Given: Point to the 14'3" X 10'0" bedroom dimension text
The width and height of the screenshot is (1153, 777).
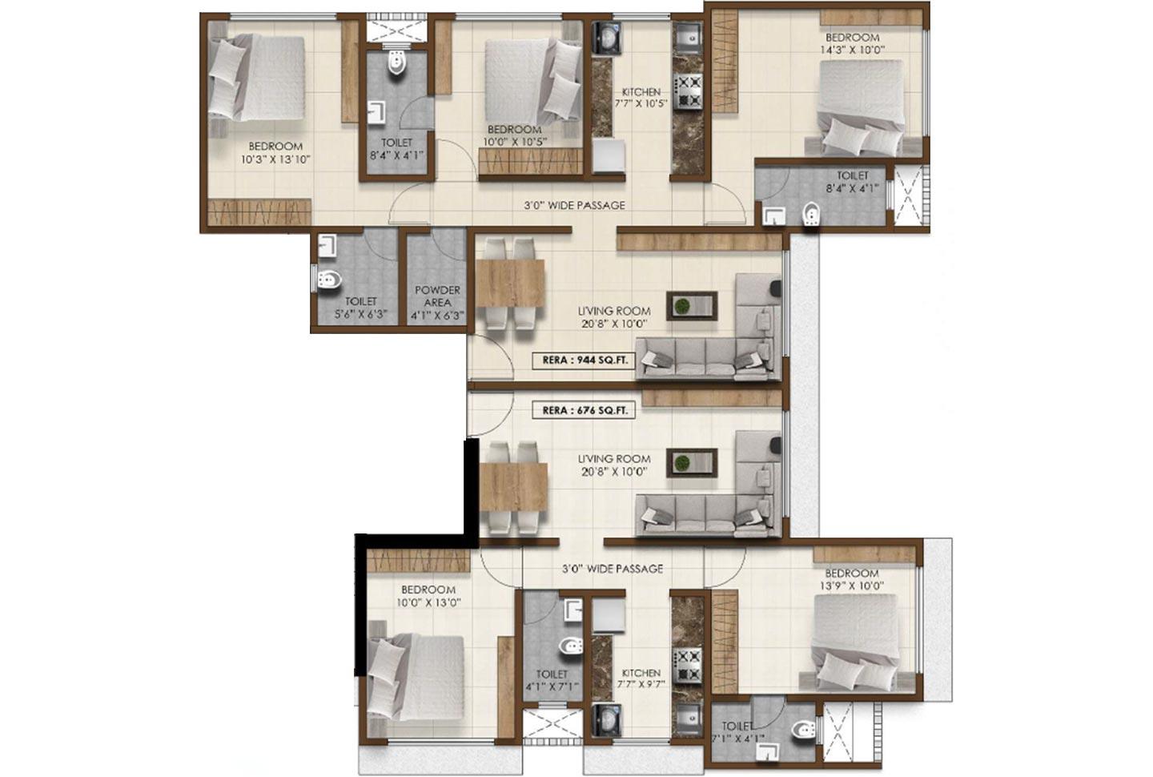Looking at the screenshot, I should (852, 50).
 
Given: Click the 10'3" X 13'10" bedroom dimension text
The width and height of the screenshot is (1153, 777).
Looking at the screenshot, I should (275, 159).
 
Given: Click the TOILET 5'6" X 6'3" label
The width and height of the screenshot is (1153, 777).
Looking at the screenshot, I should (360, 308).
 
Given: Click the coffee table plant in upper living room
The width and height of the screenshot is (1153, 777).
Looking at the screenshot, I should (683, 305).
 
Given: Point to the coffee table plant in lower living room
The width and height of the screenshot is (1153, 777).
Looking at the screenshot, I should (683, 463).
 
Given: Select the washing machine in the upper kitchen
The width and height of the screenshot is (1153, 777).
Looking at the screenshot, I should (606, 38).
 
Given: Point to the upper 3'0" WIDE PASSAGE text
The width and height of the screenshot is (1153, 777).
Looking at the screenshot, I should (574, 205).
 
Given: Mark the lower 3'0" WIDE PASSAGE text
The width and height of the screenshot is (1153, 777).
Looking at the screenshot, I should (612, 569).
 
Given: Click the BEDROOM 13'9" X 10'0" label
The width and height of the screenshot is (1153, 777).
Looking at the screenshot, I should (852, 579).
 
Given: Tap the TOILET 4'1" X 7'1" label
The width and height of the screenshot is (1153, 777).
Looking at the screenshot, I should (552, 680).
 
